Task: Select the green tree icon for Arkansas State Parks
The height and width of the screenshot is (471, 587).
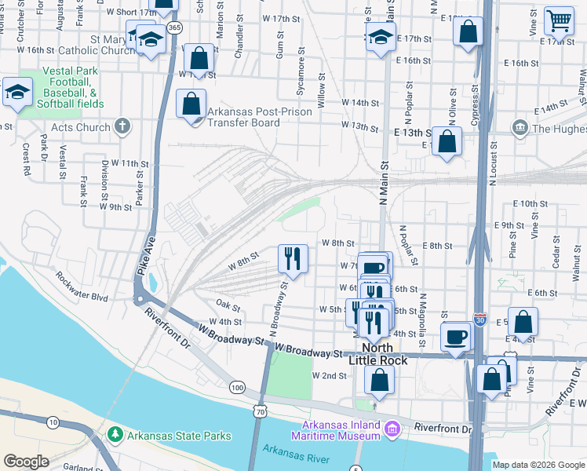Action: click(115, 435)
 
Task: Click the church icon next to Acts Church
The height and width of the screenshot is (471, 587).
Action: click(122, 126)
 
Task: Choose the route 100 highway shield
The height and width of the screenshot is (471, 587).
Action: click(237, 387)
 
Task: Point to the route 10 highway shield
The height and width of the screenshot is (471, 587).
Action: click(53, 423)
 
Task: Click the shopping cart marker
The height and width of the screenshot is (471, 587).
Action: click(559, 20)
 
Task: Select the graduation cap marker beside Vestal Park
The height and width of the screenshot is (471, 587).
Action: click(16, 92)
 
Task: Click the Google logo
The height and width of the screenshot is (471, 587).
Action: click(27, 462)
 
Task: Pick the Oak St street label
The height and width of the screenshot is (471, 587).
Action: click(228, 305)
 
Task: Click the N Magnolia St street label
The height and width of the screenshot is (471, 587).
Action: click(422, 319)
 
